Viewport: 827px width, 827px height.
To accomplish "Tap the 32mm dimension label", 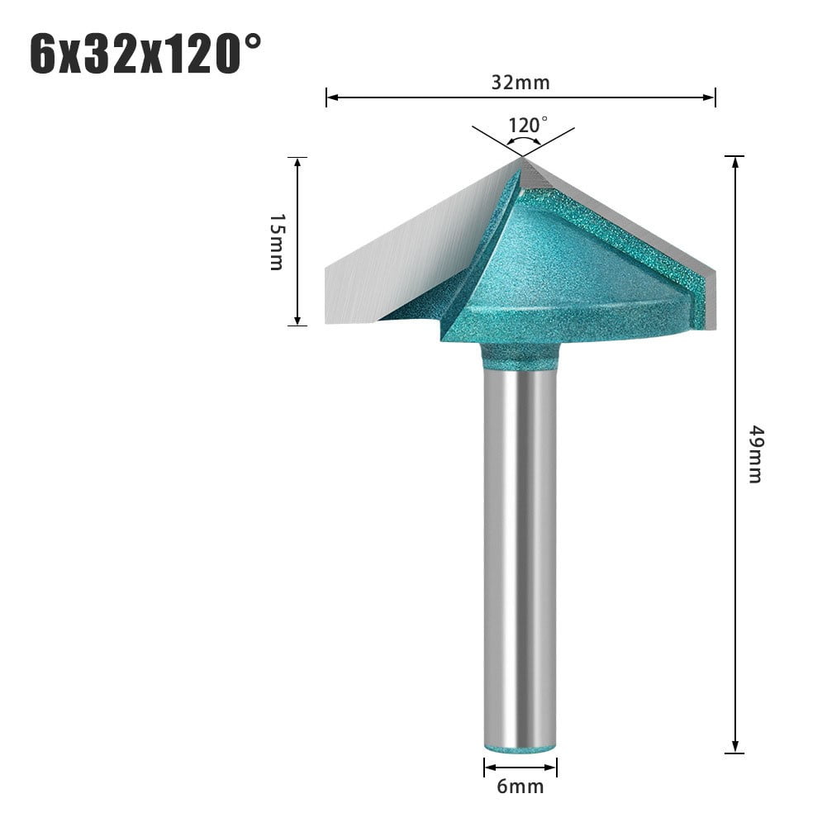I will click(x=520, y=82).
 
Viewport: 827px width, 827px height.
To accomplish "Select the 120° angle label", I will click(x=528, y=125).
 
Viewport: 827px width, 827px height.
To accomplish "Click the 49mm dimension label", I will click(x=754, y=454).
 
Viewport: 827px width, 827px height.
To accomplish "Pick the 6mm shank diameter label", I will click(x=520, y=786).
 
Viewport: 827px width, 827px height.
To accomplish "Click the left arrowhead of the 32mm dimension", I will click(x=330, y=97).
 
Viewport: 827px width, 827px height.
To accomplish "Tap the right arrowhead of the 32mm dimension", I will click(x=711, y=97).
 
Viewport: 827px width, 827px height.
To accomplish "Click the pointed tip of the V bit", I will click(x=522, y=159).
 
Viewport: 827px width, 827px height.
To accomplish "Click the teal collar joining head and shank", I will click(x=520, y=357).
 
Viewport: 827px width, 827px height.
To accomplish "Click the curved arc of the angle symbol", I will click(x=523, y=141).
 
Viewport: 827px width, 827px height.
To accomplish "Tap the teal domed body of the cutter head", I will click(x=570, y=273).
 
